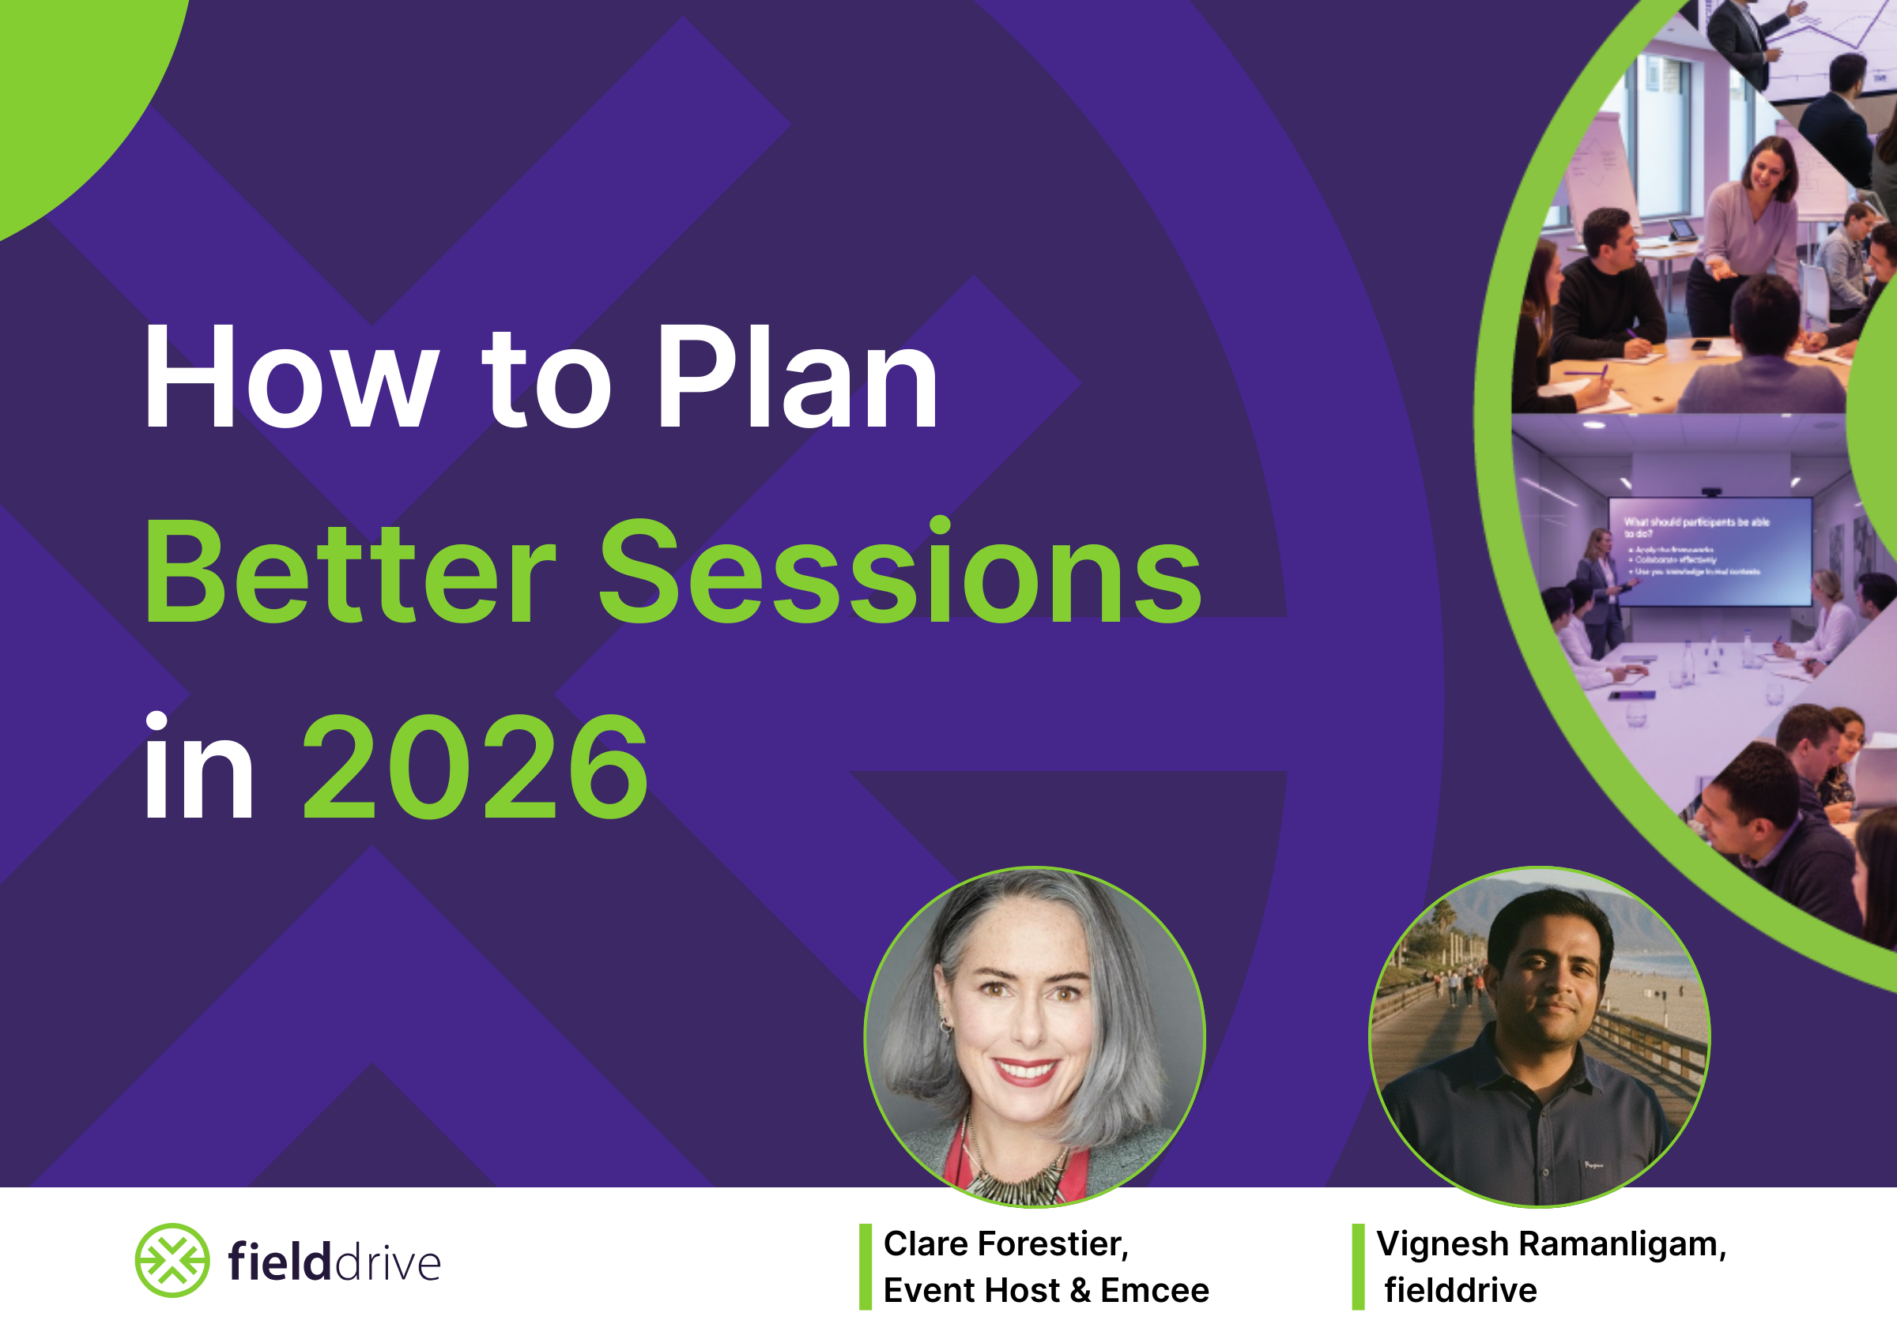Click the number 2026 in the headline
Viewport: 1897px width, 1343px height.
pos(475,769)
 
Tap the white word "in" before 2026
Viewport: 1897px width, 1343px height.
pos(198,769)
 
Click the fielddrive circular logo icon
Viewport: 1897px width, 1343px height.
pos(172,1260)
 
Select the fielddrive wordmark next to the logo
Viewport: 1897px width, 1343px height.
pos(334,1262)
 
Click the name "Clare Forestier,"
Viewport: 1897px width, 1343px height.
pos(1006,1243)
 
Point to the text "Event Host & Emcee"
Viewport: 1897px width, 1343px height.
pos(1046,1290)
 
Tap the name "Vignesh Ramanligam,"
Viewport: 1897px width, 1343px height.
pos(1551,1243)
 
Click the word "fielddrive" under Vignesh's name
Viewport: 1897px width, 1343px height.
pos(1461,1290)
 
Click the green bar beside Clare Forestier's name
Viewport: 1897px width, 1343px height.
pos(866,1267)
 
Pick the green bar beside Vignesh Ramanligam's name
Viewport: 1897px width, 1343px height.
pos(1358,1267)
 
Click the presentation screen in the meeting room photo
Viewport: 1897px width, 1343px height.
pos(1709,551)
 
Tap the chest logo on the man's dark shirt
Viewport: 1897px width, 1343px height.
pos(1593,1165)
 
